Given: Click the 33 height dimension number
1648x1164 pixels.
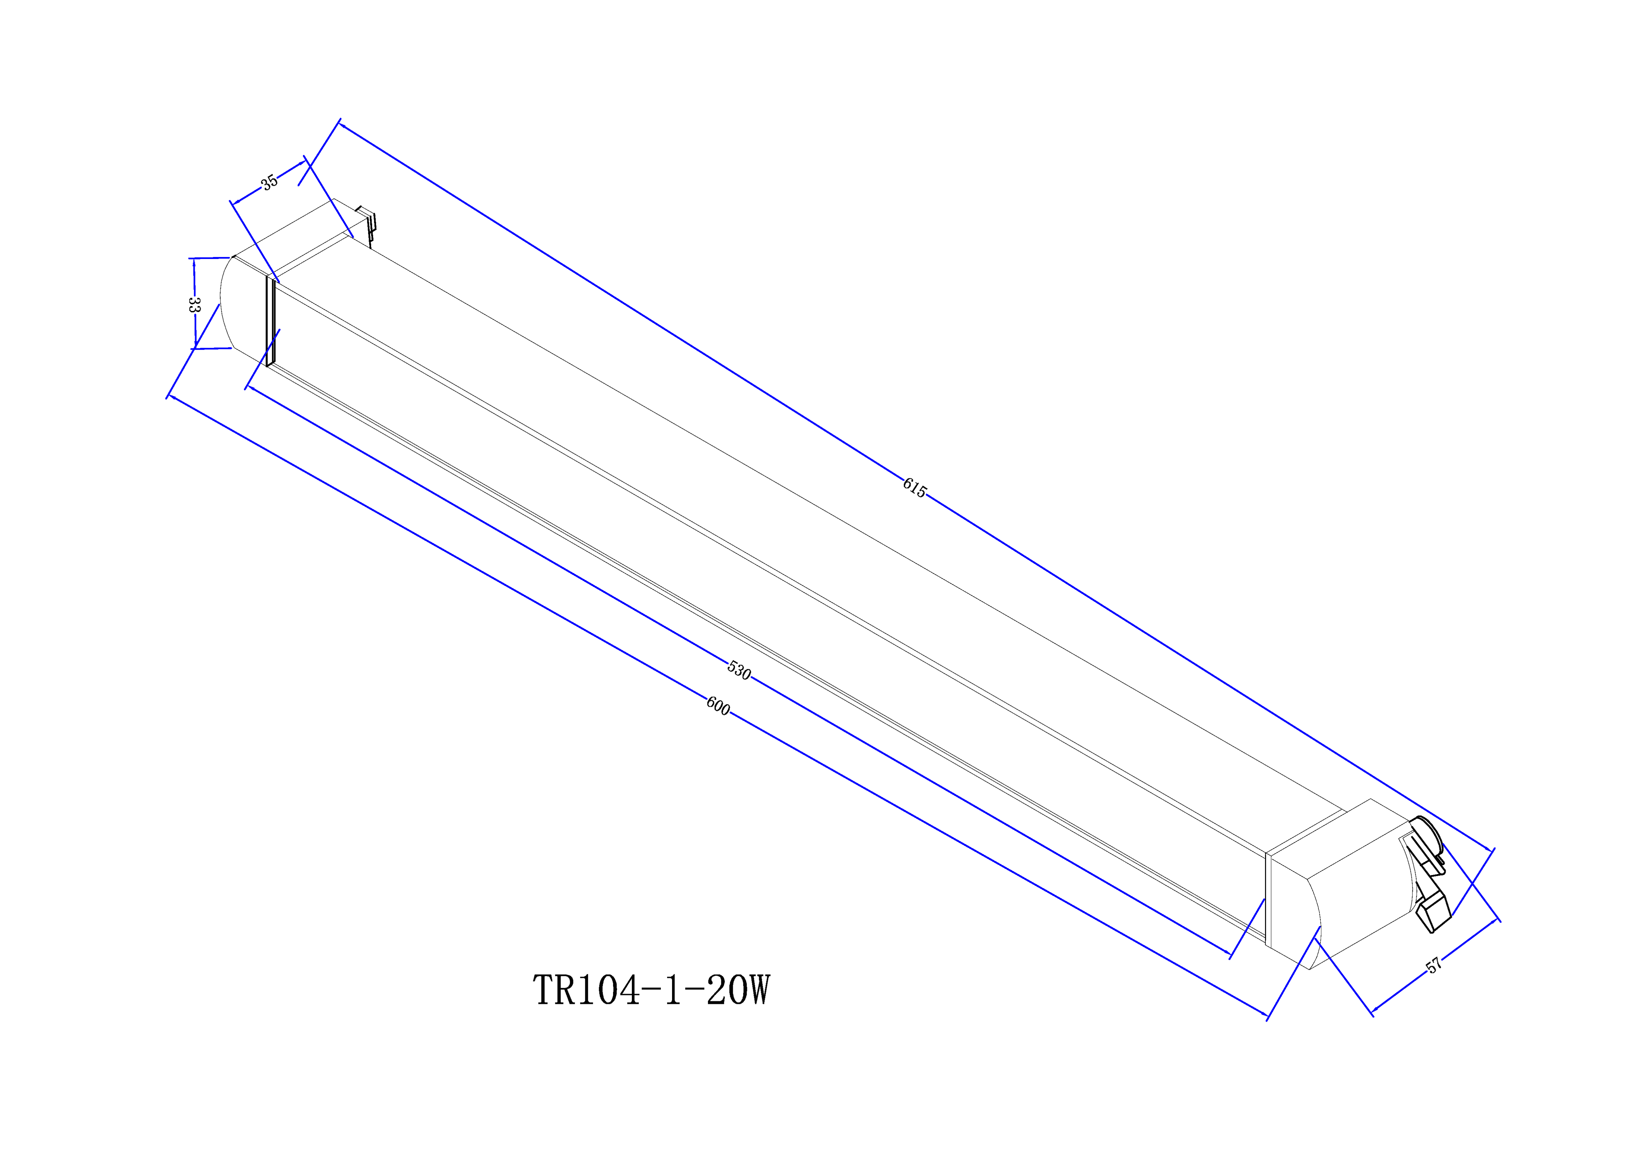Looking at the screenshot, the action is (193, 304).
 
